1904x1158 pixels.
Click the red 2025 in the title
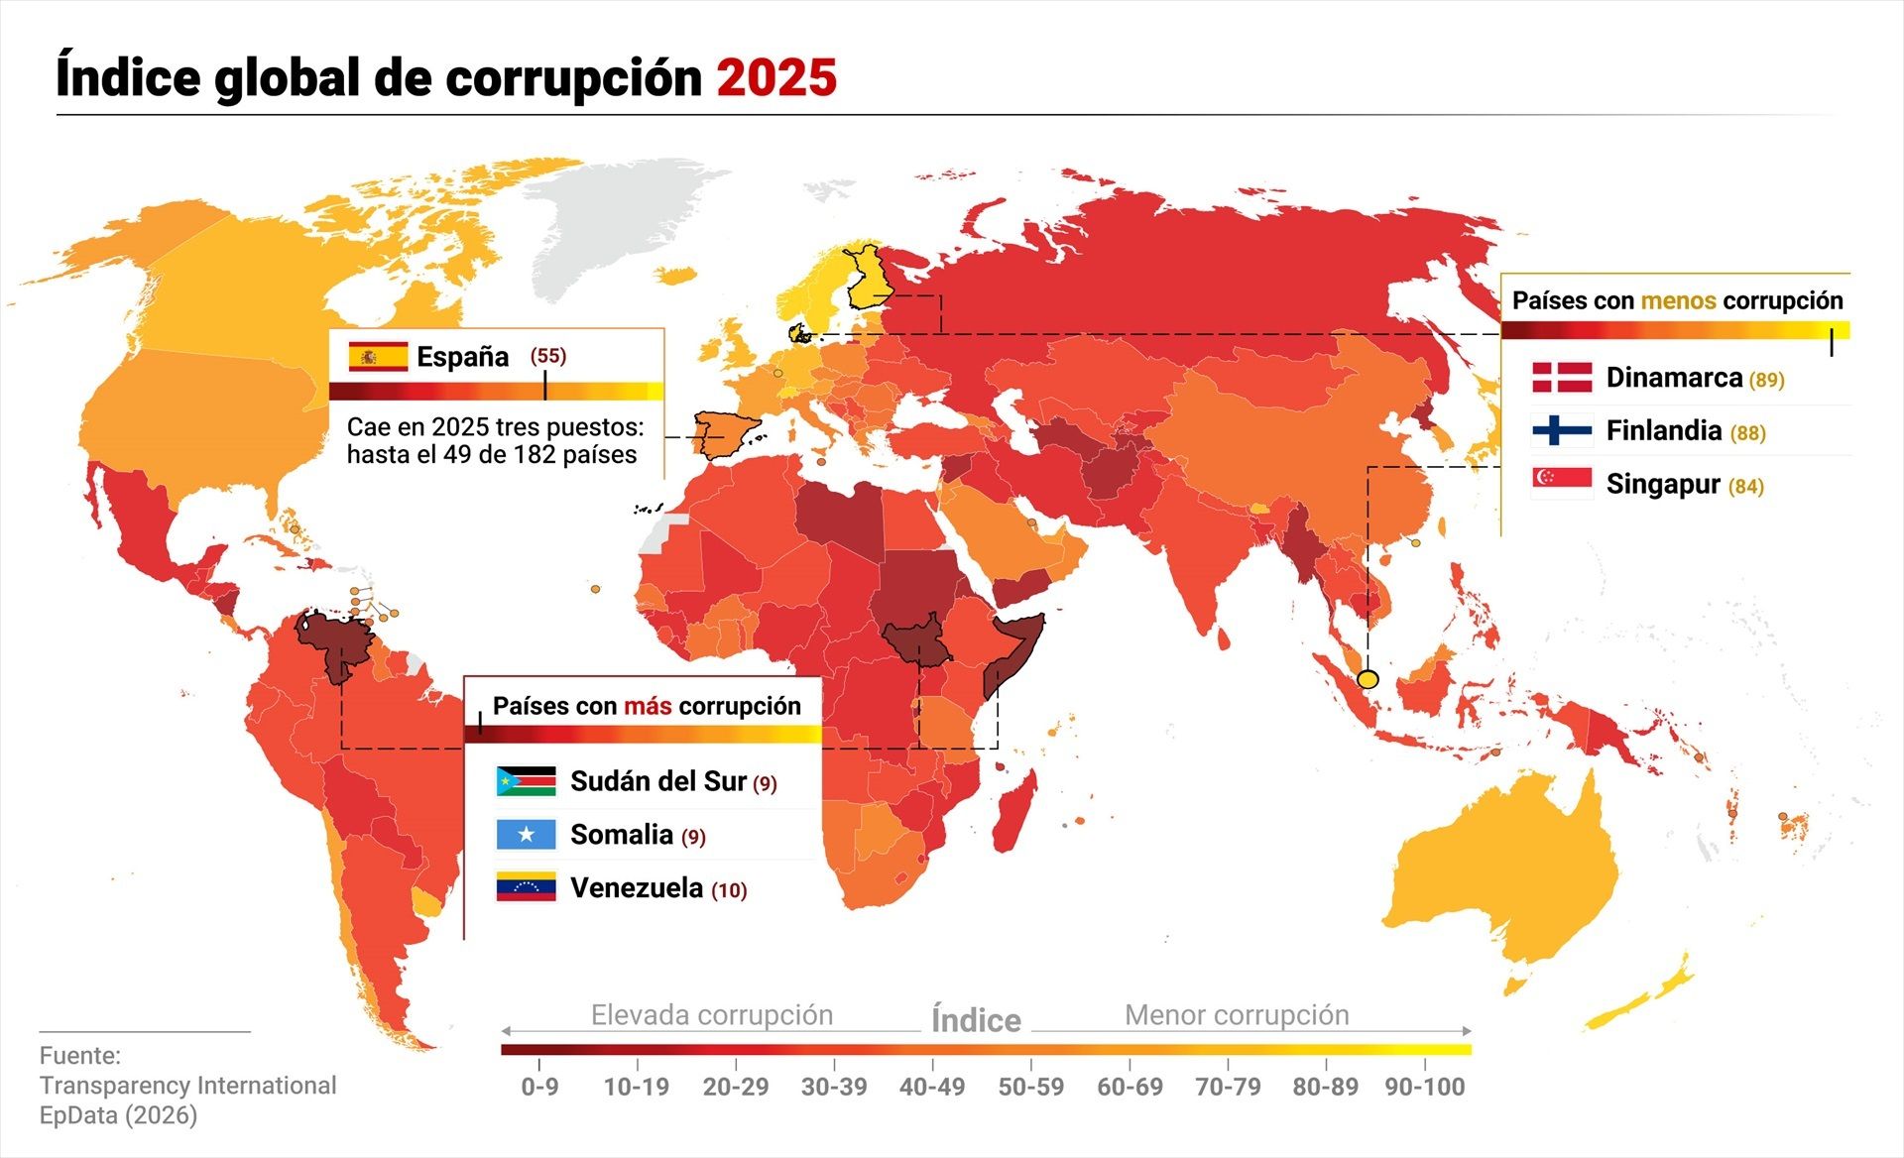coord(776,77)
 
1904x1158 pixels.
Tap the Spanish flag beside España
coord(378,356)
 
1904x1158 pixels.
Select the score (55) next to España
coord(547,355)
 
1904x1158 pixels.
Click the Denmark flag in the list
coord(1562,378)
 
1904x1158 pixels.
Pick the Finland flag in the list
coord(1562,430)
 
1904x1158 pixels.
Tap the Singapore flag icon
coord(1562,483)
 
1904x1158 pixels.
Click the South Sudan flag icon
coord(526,781)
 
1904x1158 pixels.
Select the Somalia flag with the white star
coord(526,835)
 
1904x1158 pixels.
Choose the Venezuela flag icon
coord(526,887)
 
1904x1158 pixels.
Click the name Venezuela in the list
coord(637,887)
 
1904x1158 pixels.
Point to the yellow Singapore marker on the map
coord(1368,679)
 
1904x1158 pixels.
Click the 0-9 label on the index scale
coord(539,1087)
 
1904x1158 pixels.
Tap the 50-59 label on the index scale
coord(1030,1087)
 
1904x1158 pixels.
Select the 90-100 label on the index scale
coord(1424,1087)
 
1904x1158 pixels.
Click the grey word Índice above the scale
coord(976,1020)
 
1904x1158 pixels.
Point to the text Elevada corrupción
coord(711,1015)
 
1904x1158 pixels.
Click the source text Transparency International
coord(188,1086)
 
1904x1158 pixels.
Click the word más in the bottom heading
coord(648,706)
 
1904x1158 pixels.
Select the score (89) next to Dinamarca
coord(1766,380)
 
